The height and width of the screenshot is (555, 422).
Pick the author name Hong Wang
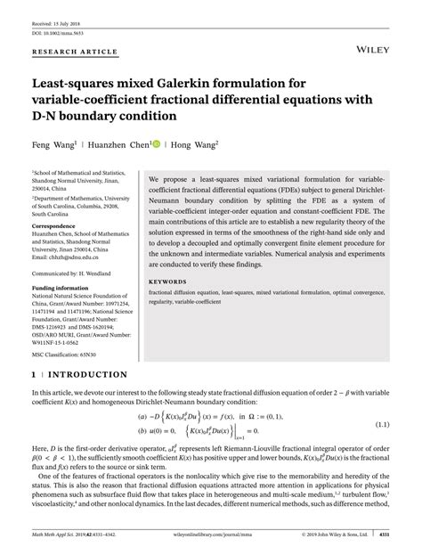point(195,143)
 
